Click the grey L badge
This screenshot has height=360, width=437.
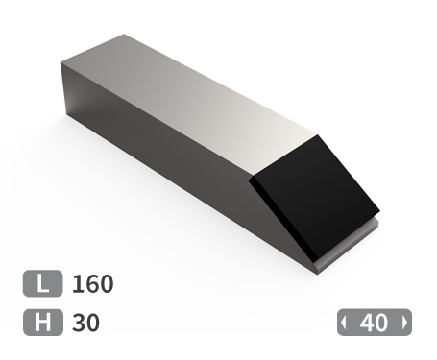click(x=42, y=284)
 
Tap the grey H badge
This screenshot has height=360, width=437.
click(x=42, y=323)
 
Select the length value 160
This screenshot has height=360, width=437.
click(x=92, y=284)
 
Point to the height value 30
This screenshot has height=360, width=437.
click(x=85, y=323)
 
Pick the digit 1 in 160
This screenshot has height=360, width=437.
click(x=76, y=284)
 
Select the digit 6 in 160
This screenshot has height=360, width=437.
click(x=91, y=284)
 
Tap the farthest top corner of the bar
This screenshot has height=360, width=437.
click(x=123, y=36)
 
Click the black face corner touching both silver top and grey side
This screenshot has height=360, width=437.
click(x=251, y=180)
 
